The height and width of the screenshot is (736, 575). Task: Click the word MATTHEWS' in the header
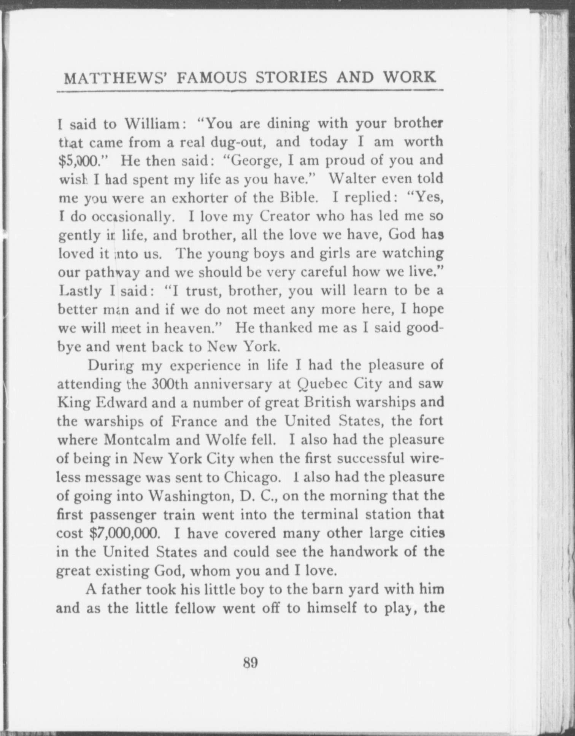coord(115,78)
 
